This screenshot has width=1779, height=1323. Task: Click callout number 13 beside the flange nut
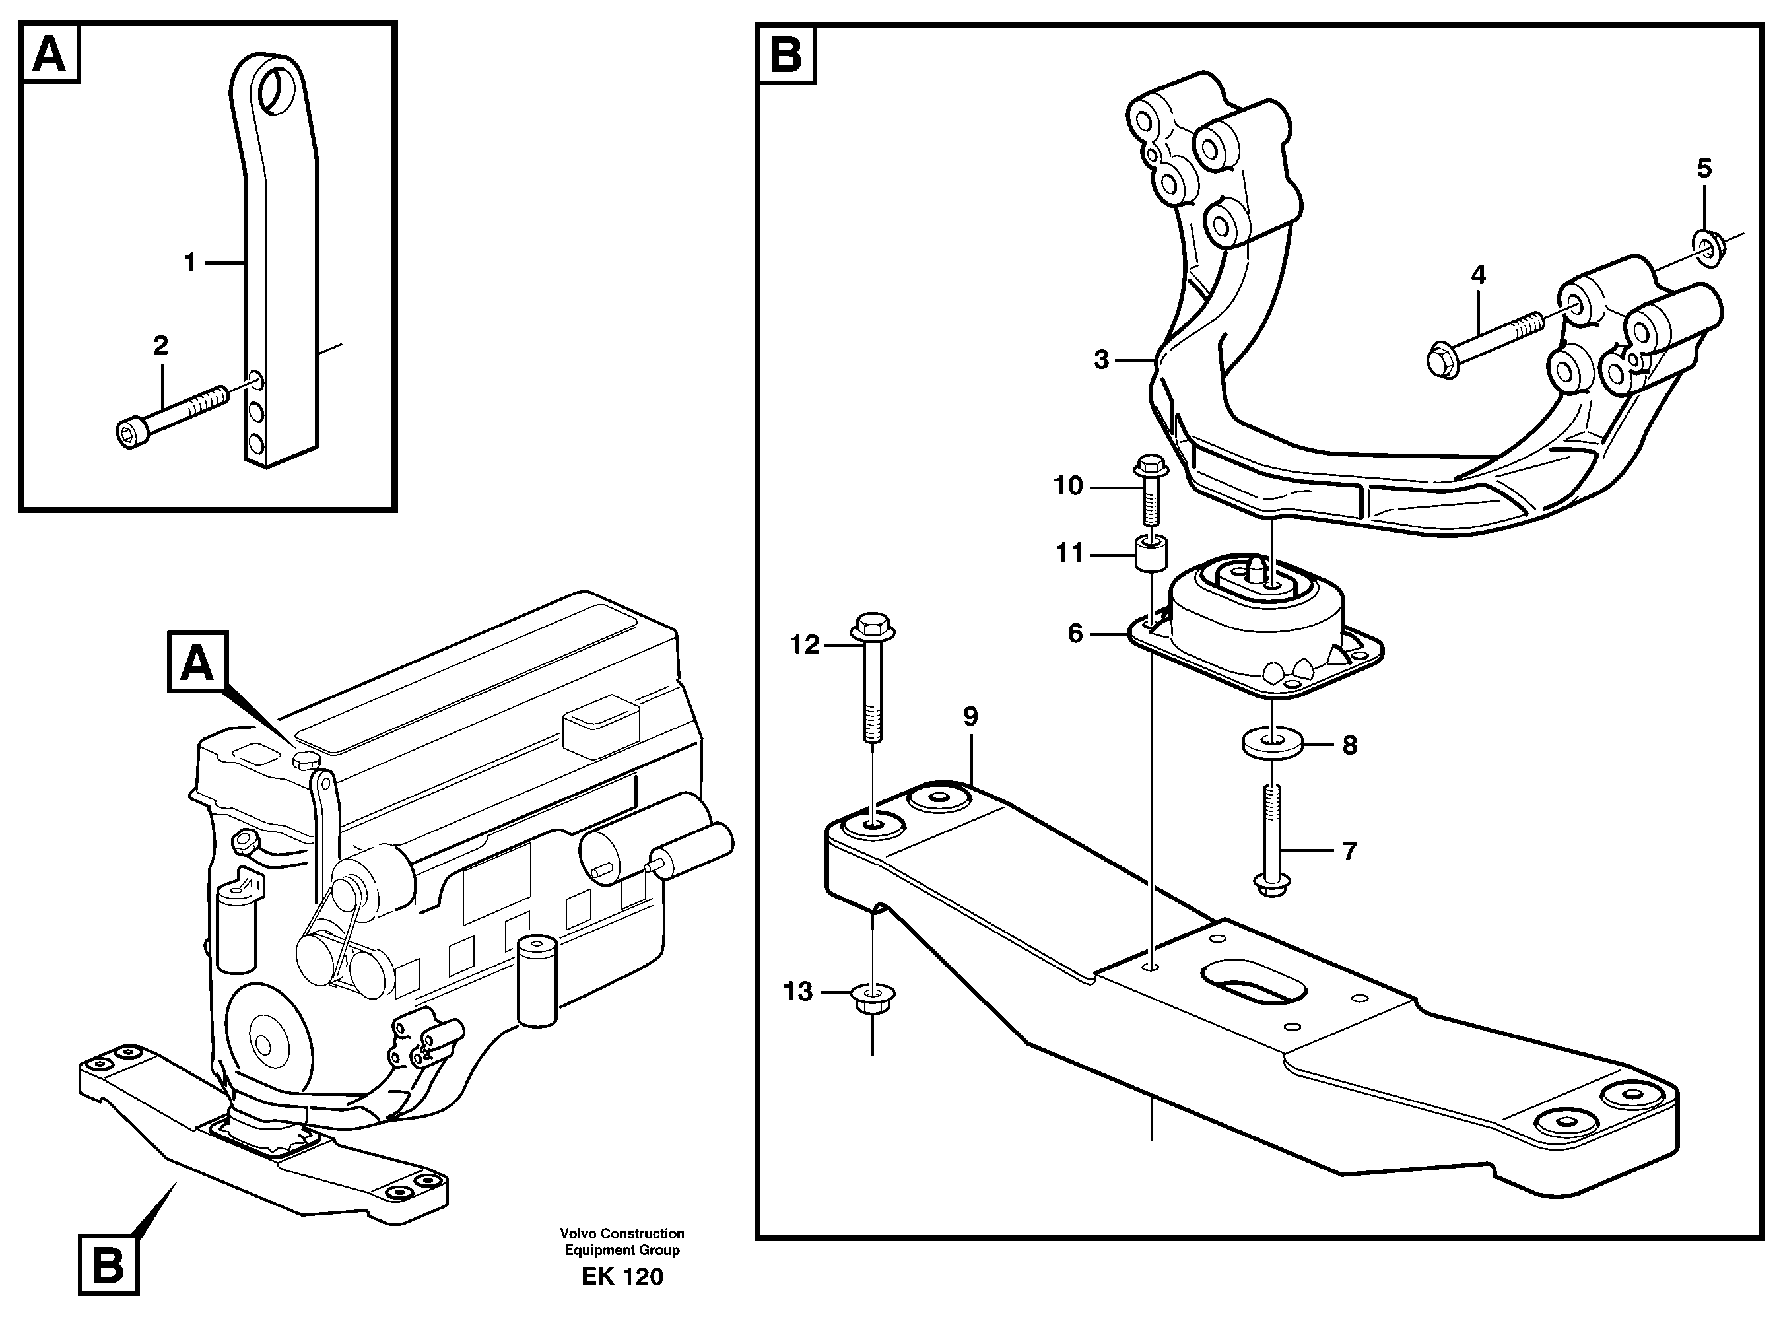point(797,992)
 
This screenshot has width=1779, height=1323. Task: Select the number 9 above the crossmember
point(970,717)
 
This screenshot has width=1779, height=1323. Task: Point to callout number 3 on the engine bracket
point(1102,360)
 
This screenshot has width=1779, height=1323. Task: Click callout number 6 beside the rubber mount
point(1075,634)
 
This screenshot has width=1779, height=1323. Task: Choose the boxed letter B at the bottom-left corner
point(109,1266)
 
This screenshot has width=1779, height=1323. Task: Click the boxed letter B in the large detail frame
point(786,55)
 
